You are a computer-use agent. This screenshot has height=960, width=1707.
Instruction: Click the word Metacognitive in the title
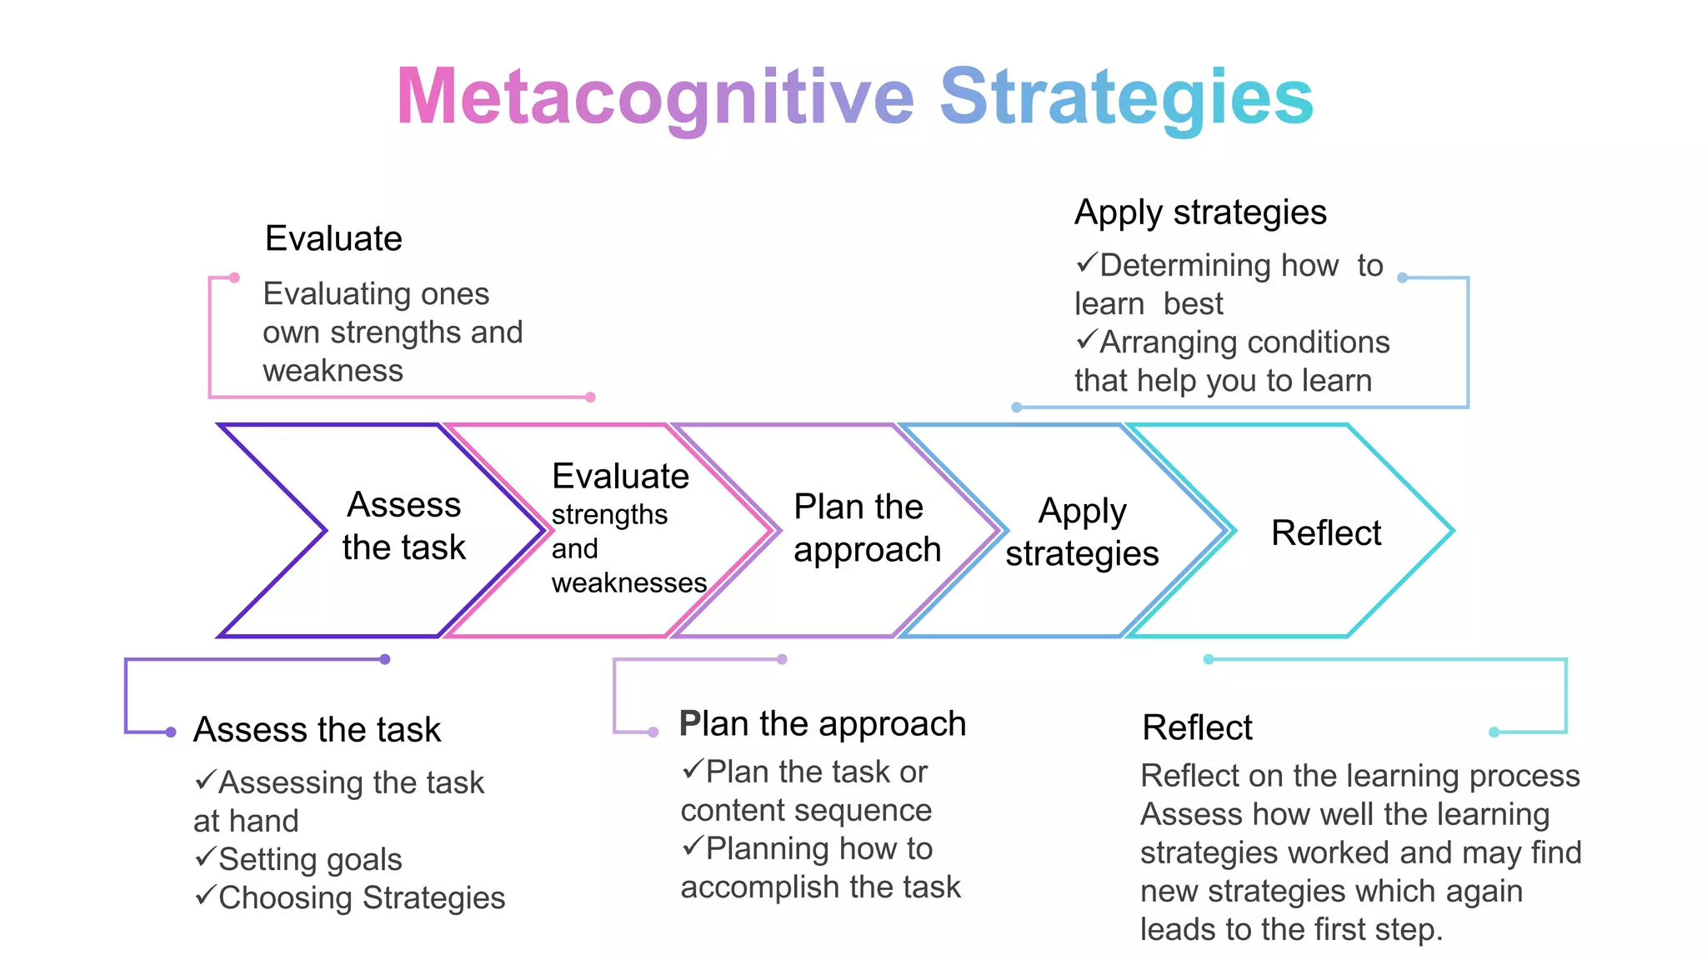[655, 98]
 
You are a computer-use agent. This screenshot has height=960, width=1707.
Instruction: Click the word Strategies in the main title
[1126, 98]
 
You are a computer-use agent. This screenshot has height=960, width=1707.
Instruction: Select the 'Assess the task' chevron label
[403, 526]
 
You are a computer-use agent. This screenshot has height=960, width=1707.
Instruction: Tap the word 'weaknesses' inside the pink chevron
[628, 582]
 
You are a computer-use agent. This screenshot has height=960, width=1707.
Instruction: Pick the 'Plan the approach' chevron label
[867, 528]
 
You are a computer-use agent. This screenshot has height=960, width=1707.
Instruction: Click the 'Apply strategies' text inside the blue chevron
[1082, 532]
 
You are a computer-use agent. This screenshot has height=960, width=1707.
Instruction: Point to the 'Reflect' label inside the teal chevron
[1325, 532]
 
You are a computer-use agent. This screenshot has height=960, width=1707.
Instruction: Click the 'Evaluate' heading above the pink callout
[333, 238]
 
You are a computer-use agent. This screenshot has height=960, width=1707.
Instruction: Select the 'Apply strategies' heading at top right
[1199, 212]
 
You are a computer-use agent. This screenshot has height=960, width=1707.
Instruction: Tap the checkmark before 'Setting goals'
[205, 857]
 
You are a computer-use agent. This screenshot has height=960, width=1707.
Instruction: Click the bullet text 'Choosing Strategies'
[362, 897]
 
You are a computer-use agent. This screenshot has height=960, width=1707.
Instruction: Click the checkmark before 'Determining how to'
[1086, 263]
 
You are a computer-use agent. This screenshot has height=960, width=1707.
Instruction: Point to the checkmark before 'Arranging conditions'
[1086, 340]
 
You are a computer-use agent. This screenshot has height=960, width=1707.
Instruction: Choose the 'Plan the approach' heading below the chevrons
[822, 723]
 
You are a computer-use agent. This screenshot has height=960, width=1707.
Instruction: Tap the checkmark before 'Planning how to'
[693, 846]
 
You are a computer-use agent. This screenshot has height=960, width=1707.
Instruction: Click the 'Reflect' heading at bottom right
[1197, 727]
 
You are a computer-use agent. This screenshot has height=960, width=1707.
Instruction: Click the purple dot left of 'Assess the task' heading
[171, 732]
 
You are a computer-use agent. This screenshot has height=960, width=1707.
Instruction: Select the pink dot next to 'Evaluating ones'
[234, 277]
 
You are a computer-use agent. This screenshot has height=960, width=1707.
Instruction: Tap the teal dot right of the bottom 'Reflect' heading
[1494, 732]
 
